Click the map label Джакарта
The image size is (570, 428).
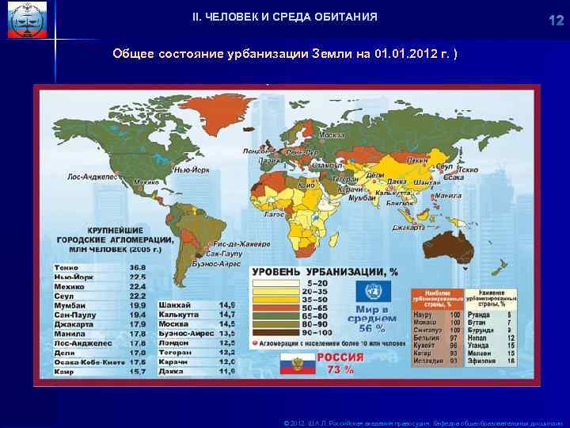[x=408, y=227]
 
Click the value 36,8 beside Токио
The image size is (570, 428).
[x=139, y=267]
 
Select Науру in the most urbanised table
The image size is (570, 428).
[x=422, y=315]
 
